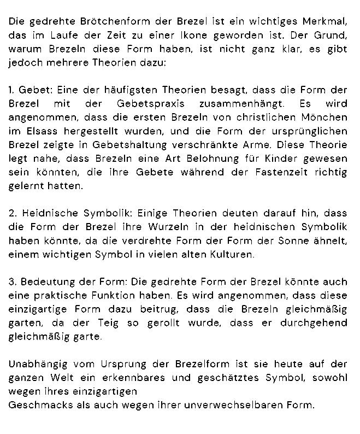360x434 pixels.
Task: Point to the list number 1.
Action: (12, 90)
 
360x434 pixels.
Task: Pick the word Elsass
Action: (37, 131)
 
